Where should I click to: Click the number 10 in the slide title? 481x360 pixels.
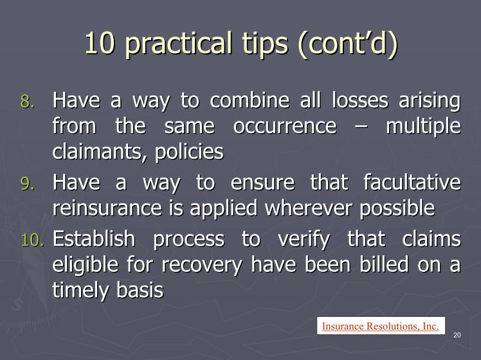point(100,43)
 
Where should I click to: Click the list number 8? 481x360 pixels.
point(27,101)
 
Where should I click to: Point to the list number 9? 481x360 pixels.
point(27,183)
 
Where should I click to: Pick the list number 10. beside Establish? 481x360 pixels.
point(32,240)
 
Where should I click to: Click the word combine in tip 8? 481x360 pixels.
point(250,100)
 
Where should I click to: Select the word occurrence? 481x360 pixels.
point(285,127)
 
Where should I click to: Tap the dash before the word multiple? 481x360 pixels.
point(361,127)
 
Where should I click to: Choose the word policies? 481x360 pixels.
point(189,152)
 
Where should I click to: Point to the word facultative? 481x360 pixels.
point(412,182)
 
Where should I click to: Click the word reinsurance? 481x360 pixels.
point(107,208)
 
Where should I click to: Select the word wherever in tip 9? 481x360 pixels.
point(308,208)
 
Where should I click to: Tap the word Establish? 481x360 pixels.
point(94,239)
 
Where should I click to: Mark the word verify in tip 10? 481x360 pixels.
point(304,240)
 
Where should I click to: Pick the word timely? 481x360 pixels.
point(80,290)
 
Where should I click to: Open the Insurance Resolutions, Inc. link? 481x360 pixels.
point(381,326)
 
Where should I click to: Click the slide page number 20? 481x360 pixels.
point(457,335)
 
